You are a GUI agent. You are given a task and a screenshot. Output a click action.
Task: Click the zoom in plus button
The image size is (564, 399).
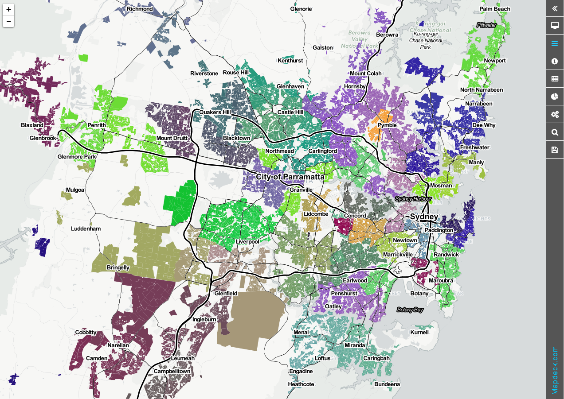tap(8, 9)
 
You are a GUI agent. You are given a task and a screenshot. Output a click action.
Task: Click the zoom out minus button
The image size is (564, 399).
tap(8, 21)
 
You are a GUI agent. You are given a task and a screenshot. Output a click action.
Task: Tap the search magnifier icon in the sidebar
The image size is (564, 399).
tap(554, 132)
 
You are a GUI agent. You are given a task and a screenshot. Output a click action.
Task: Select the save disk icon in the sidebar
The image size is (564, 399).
tap(554, 150)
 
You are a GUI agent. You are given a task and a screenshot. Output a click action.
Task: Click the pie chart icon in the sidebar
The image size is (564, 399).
tap(554, 97)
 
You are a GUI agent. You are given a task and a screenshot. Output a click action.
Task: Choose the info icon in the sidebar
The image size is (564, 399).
tap(554, 61)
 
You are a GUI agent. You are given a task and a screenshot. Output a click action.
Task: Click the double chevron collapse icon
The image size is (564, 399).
tap(554, 8)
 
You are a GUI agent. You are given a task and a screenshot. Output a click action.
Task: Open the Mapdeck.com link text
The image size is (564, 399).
tap(555, 370)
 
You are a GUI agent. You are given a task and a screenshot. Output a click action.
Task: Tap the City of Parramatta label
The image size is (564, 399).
tap(290, 177)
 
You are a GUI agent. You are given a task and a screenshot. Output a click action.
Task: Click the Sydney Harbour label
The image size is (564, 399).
tap(413, 199)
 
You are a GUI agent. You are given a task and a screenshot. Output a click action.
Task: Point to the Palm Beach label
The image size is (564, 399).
tap(495, 9)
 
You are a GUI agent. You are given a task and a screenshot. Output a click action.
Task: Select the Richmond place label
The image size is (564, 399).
tap(140, 9)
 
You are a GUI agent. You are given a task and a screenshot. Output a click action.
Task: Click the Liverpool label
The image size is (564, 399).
tap(247, 241)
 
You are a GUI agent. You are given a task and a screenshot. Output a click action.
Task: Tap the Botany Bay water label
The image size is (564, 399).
tap(410, 310)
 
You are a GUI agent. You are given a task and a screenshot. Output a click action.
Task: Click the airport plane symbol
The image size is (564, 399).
tap(398, 270)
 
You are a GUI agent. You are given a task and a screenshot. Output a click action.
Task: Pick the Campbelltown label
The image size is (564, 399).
tap(172, 371)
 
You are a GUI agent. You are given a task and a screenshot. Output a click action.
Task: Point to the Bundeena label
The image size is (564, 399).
tap(387, 384)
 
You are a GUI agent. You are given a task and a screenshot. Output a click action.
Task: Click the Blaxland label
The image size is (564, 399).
tap(32, 125)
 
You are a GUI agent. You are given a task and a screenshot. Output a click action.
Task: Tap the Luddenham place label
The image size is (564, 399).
tap(86, 229)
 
